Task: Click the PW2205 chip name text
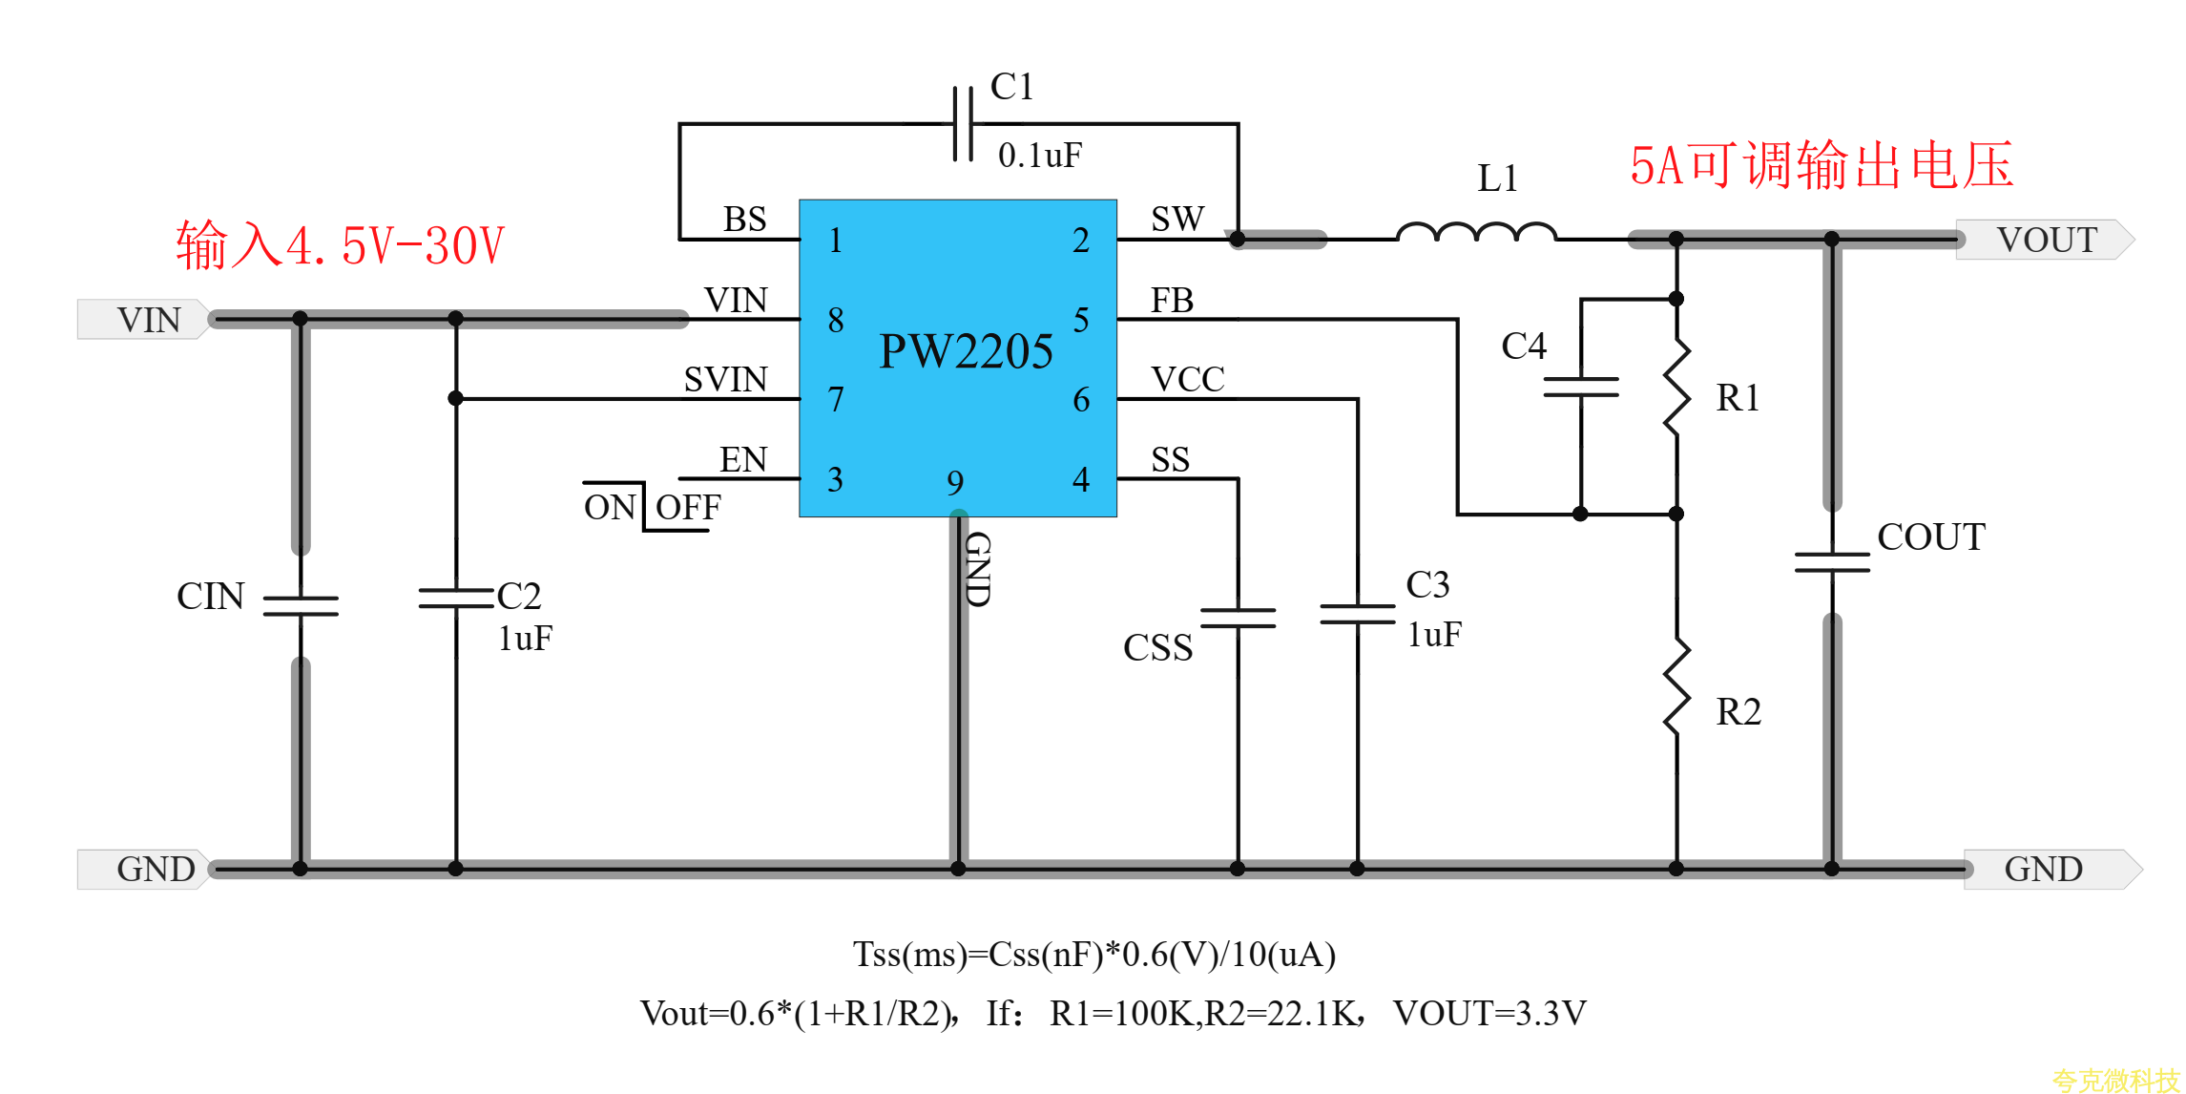[x=965, y=352]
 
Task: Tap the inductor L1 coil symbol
[x=1476, y=232]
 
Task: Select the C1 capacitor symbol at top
[x=963, y=124]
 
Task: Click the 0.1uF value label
[x=1039, y=156]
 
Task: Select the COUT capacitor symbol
[x=1831, y=562]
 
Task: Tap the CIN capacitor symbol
[x=301, y=605]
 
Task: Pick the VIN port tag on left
[x=145, y=320]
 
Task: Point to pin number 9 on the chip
[x=955, y=484]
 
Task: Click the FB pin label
[x=1172, y=302]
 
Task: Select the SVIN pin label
[x=725, y=380]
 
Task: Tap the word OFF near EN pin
[x=687, y=508]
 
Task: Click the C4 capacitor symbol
[x=1580, y=387]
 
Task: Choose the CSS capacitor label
[x=1157, y=648]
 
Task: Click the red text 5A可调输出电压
[x=1821, y=166]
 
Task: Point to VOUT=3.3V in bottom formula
[x=1489, y=1014]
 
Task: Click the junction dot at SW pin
[x=1238, y=239]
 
